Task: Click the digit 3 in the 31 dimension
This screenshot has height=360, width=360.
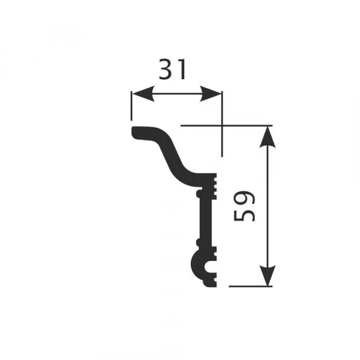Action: [x=167, y=70]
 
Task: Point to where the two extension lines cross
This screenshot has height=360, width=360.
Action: [x=222, y=125]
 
